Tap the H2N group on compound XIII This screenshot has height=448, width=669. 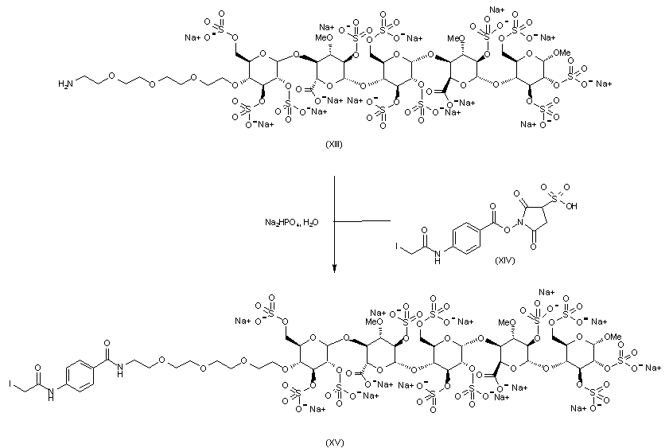pos(65,82)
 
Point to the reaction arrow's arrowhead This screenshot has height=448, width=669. pos(335,268)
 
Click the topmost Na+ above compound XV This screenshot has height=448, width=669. pos(546,292)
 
